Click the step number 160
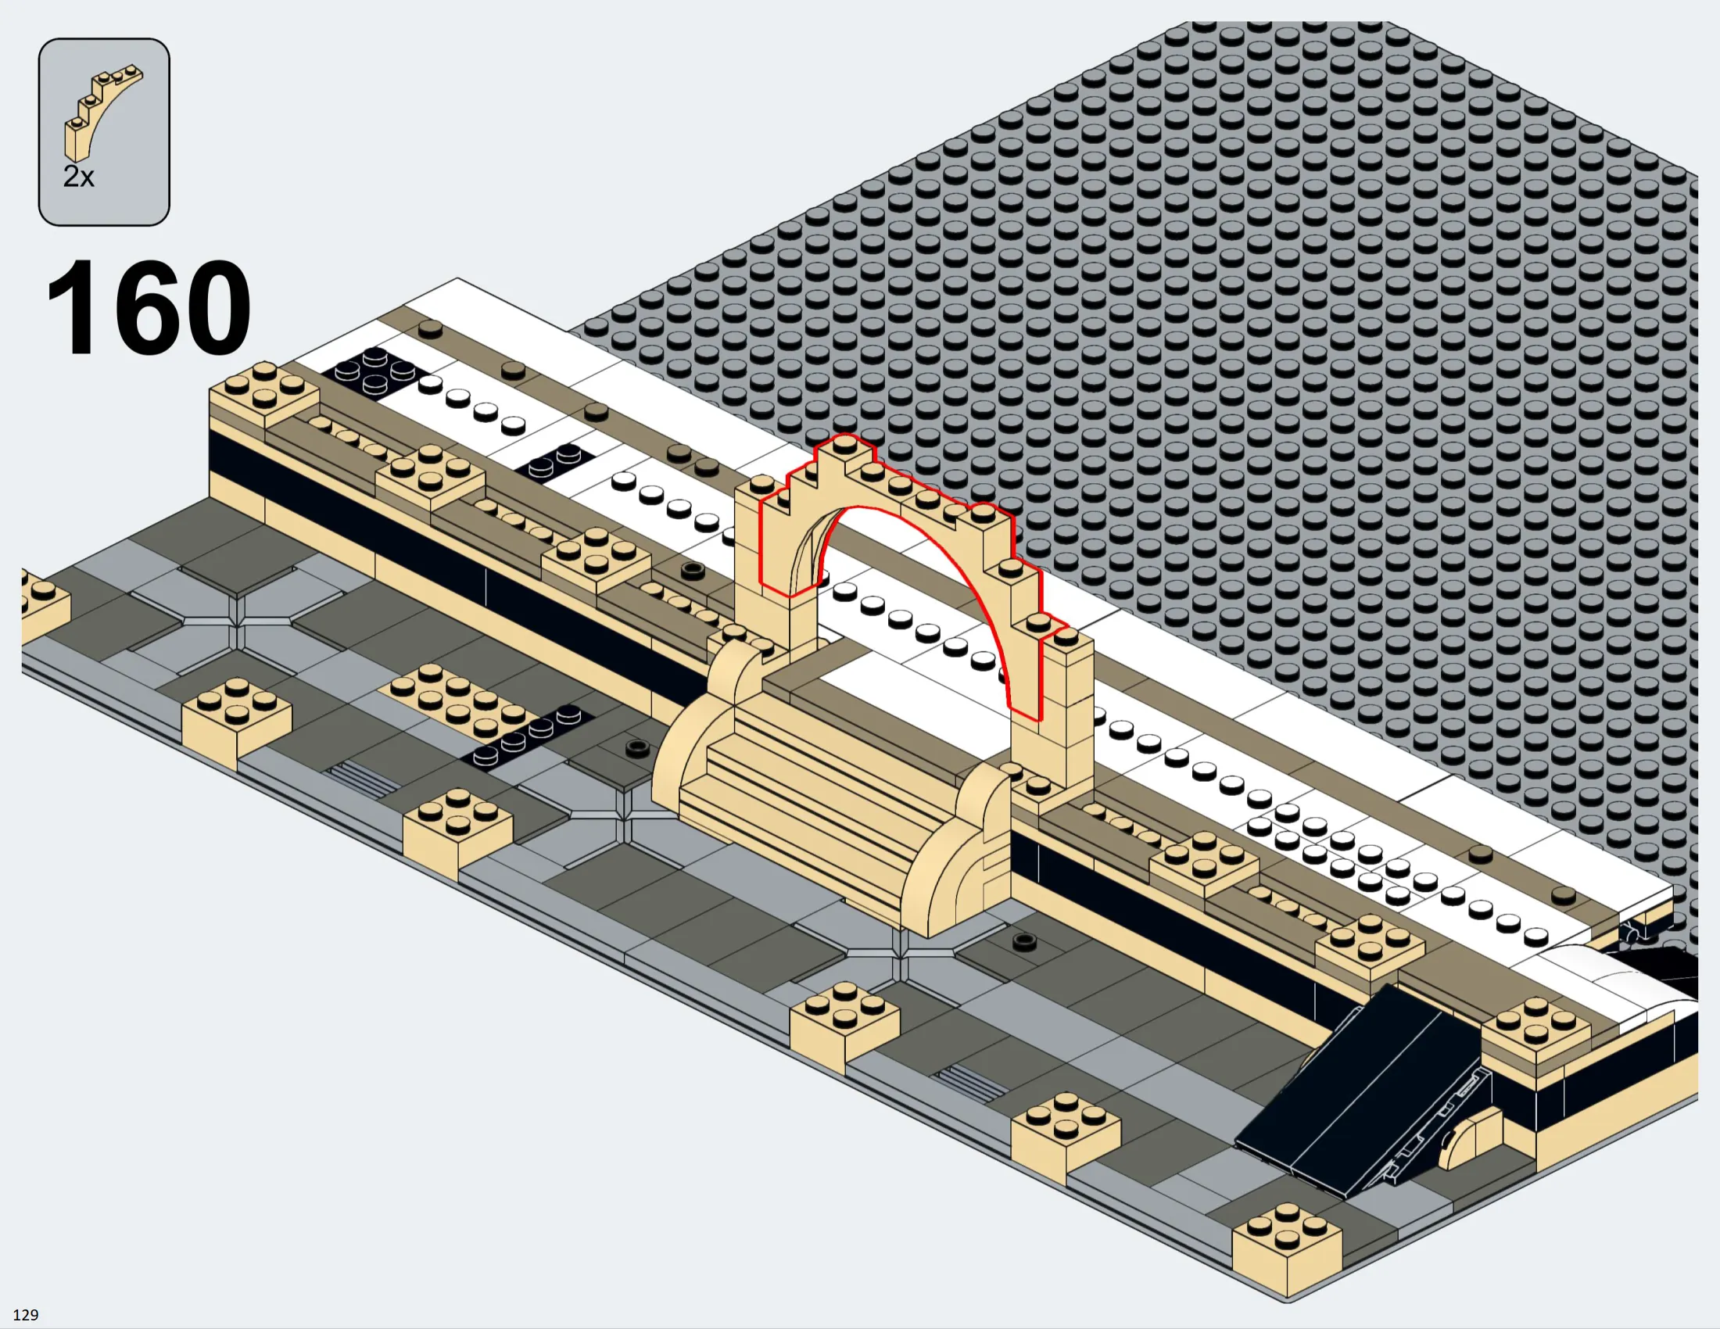(148, 307)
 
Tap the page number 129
(25, 1315)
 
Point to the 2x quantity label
(79, 177)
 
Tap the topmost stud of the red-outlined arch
(844, 444)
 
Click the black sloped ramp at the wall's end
(1363, 1094)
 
